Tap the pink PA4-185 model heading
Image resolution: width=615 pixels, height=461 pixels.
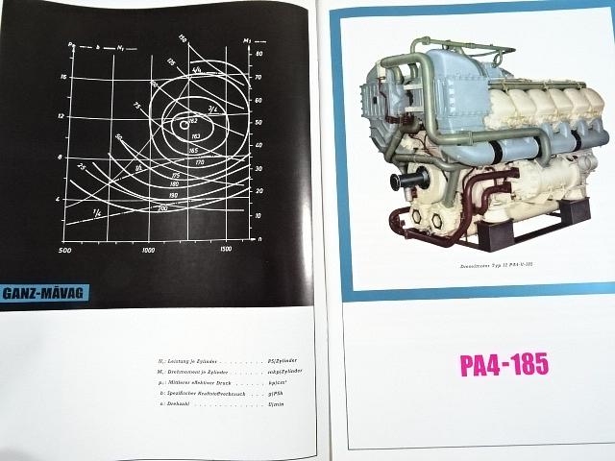(503, 366)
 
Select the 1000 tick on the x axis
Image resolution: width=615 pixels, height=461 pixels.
(148, 250)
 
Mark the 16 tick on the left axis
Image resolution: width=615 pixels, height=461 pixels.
(61, 75)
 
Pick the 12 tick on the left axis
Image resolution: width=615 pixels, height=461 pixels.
(61, 116)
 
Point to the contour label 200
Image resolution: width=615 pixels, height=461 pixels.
(161, 207)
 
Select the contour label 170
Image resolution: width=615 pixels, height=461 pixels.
(199, 163)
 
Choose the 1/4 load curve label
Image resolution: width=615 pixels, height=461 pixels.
(97, 212)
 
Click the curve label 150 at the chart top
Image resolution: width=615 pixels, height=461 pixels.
(182, 38)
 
